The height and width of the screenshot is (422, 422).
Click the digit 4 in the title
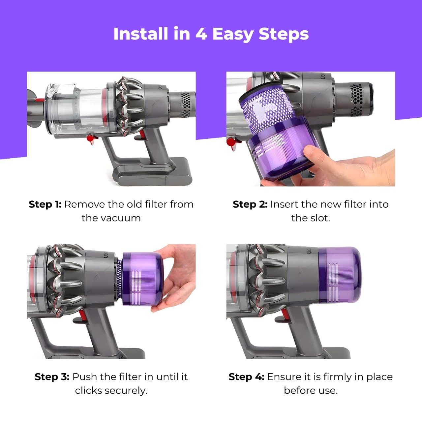point(201,34)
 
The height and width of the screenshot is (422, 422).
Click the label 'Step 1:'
point(45,204)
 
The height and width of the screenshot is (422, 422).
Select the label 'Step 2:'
point(250,204)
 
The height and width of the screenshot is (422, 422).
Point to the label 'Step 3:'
point(52,377)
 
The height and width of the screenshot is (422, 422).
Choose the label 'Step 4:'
point(246,377)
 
